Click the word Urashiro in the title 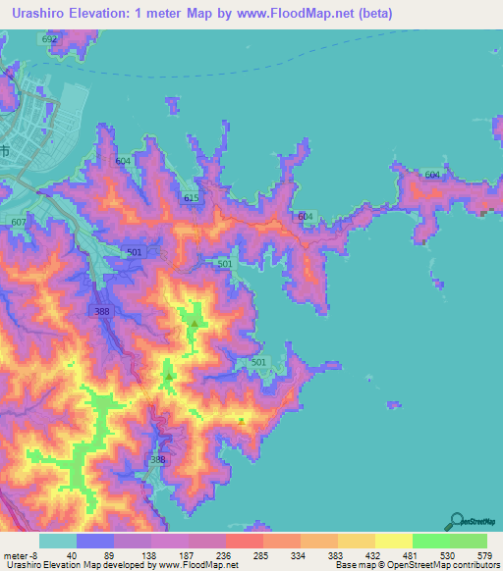47,13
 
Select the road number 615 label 192,198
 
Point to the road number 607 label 19,223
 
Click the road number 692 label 51,38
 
